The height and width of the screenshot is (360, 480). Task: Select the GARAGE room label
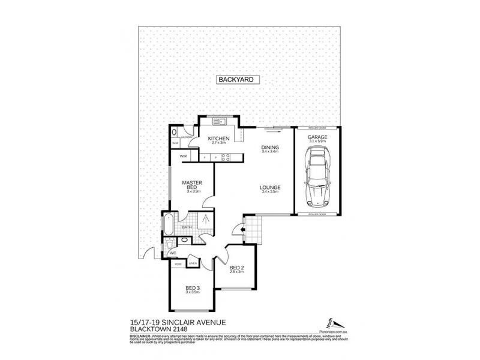(x=317, y=137)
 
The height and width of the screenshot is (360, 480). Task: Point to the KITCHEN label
(x=219, y=139)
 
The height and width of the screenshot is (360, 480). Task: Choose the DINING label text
(x=270, y=148)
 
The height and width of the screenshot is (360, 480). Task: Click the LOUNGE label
(x=270, y=188)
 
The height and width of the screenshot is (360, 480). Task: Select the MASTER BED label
(x=192, y=185)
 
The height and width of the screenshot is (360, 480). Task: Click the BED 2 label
(x=236, y=268)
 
